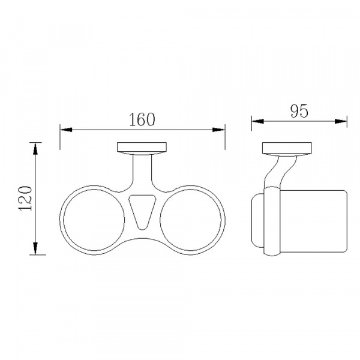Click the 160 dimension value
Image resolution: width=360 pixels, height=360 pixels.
[x=142, y=119]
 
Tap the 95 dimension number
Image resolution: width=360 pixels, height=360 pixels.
[x=299, y=112]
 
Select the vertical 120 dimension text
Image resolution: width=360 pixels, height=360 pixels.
[x=25, y=199]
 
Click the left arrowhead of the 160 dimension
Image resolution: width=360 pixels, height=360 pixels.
[x=66, y=130]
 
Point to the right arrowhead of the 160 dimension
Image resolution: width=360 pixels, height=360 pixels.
[x=218, y=130]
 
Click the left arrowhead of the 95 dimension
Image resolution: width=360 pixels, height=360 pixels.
[x=257, y=121]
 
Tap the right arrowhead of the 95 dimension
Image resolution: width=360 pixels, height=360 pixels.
[x=341, y=121]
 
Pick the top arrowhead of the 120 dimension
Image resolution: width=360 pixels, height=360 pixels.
[x=35, y=149]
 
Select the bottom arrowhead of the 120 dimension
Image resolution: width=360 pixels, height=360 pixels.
[x=35, y=248]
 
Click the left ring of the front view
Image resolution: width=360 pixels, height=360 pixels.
[x=64, y=220]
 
